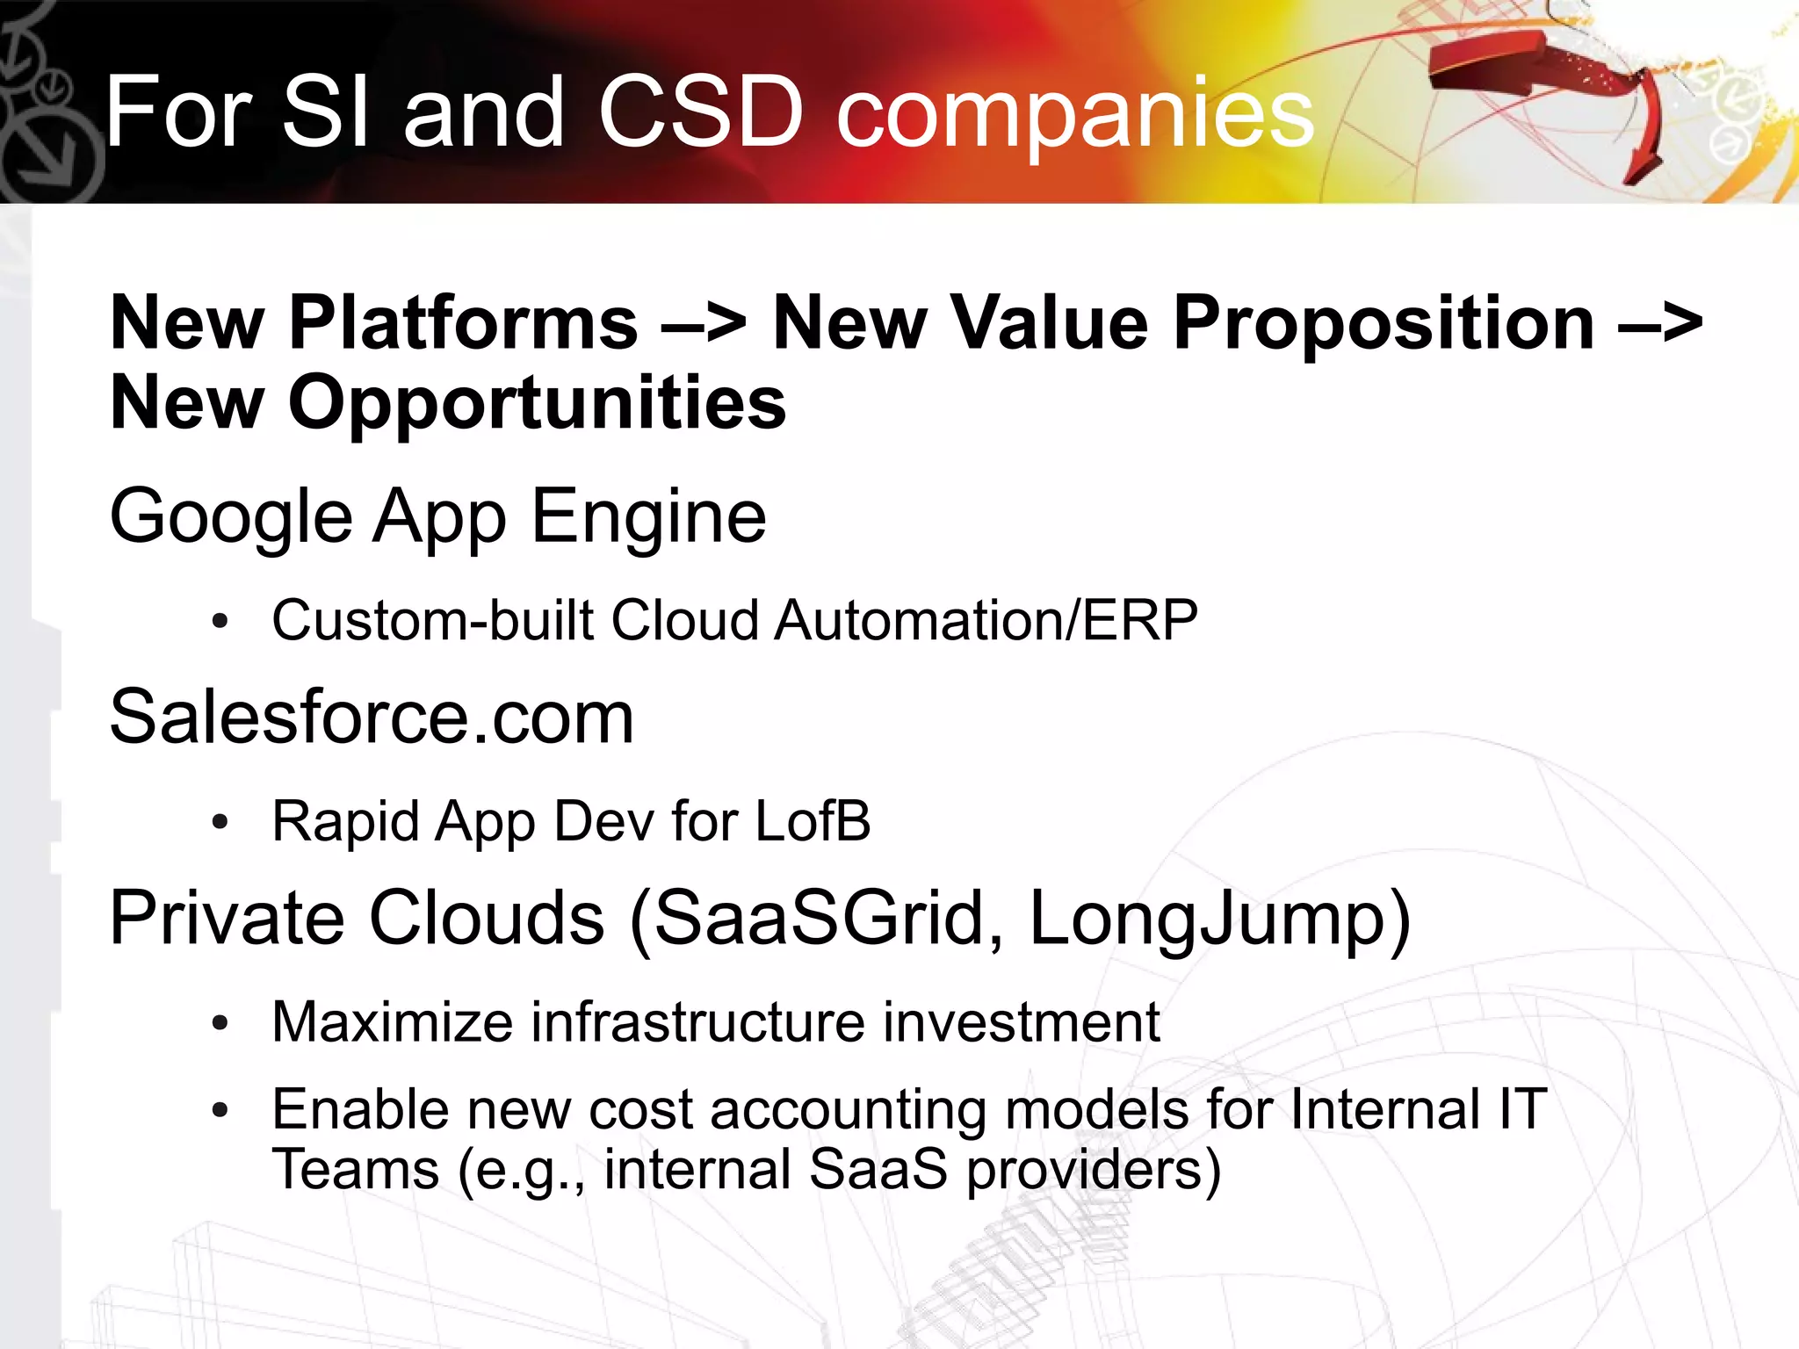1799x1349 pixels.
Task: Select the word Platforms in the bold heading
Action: click(x=463, y=323)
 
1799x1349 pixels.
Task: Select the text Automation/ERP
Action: click(x=986, y=620)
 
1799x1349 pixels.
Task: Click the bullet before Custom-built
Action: click(x=220, y=622)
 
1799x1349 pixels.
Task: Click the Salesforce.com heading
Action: click(x=371, y=718)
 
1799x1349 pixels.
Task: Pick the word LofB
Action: click(x=813, y=821)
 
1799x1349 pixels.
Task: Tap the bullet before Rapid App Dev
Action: click(x=220, y=823)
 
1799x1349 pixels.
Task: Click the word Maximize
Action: click(x=392, y=1022)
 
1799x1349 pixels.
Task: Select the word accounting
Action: click(x=849, y=1110)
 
